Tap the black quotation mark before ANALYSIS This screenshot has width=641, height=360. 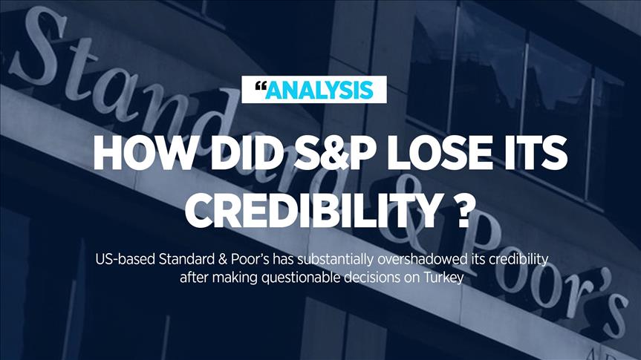coord(261,86)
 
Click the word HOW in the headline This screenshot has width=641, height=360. coord(143,153)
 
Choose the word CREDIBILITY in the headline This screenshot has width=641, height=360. coord(312,212)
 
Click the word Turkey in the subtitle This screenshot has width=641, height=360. coord(443,278)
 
